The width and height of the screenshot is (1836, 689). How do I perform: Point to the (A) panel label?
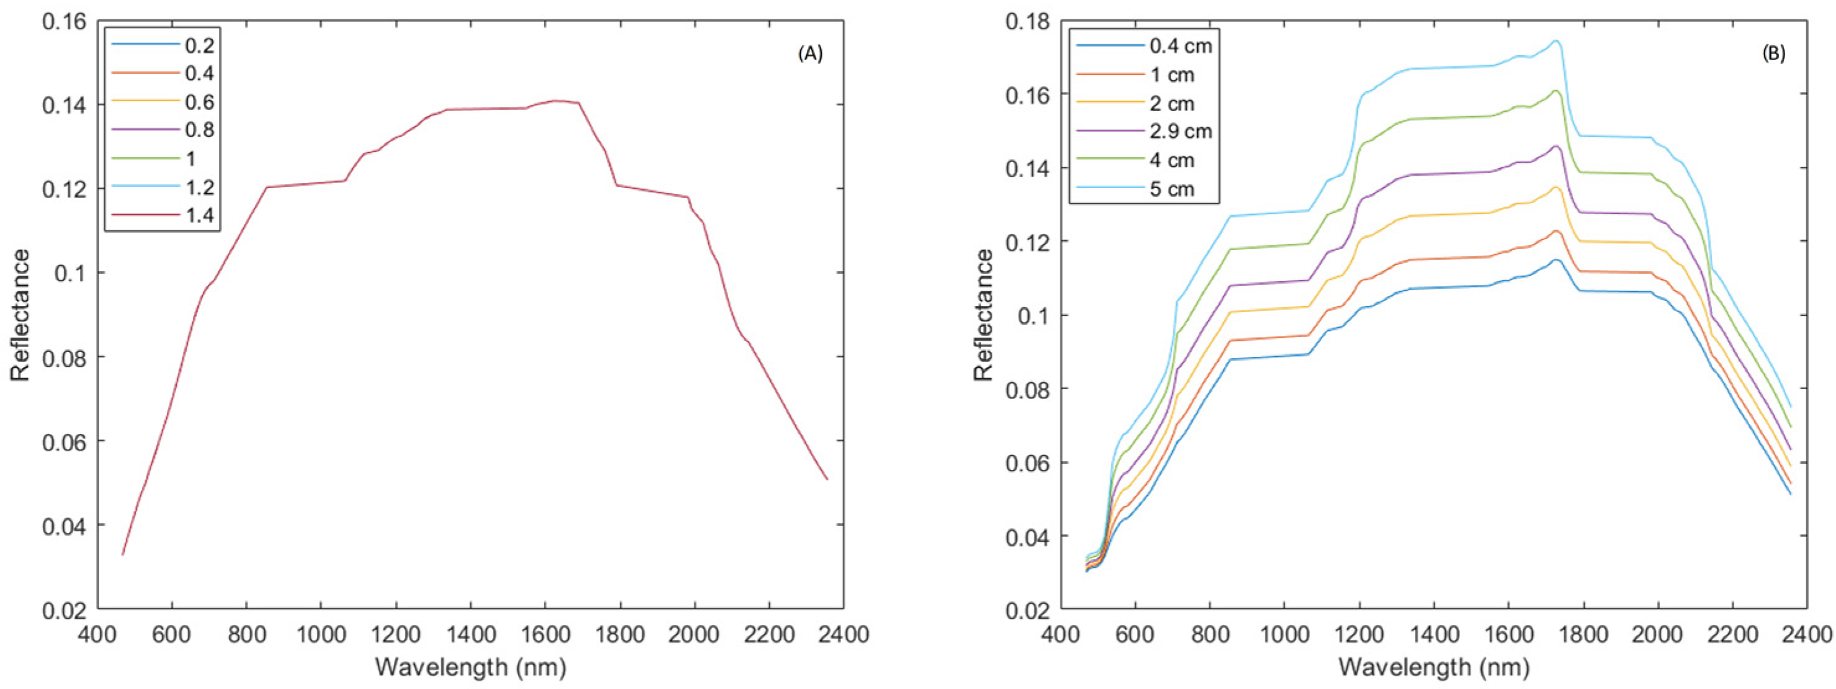coord(810,54)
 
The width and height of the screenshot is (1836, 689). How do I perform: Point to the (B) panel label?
coord(1773,54)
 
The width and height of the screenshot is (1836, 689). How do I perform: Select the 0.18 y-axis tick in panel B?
coord(1028,21)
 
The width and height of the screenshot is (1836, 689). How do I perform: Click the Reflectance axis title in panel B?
coord(984,315)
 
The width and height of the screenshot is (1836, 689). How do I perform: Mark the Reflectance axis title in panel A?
coord(20,315)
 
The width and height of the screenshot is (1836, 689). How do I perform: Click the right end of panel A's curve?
coord(827,479)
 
